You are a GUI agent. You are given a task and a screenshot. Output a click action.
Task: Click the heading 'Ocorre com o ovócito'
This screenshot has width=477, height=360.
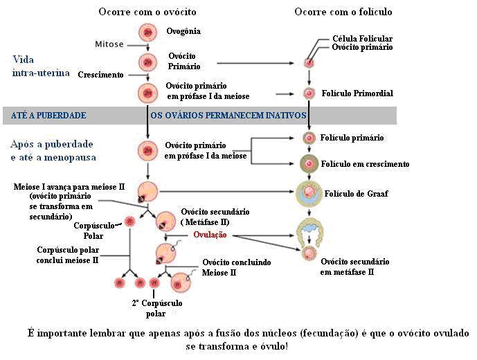click(x=147, y=12)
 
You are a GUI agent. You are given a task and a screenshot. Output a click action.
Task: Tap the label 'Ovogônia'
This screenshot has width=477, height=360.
click(x=183, y=32)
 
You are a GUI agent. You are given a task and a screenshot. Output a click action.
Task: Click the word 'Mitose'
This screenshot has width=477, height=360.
click(x=109, y=44)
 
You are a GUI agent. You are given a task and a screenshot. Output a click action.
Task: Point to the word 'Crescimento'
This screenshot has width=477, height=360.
click(x=100, y=74)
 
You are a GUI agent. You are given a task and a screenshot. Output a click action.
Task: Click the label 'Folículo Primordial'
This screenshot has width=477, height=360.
click(x=358, y=93)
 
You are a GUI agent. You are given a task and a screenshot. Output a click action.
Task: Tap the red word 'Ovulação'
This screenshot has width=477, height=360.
click(x=210, y=235)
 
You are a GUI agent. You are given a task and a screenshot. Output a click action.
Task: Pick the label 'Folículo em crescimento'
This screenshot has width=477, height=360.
click(x=365, y=164)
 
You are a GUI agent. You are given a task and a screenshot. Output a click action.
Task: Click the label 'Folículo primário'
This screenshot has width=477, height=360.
click(x=352, y=138)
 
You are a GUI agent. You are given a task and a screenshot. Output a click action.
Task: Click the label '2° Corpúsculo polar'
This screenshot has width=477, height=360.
click(x=156, y=308)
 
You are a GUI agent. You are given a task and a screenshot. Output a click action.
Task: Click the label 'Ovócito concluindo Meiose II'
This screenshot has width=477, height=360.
click(x=236, y=268)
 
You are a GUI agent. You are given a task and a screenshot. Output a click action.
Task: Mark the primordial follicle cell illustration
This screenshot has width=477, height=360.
click(x=309, y=92)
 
